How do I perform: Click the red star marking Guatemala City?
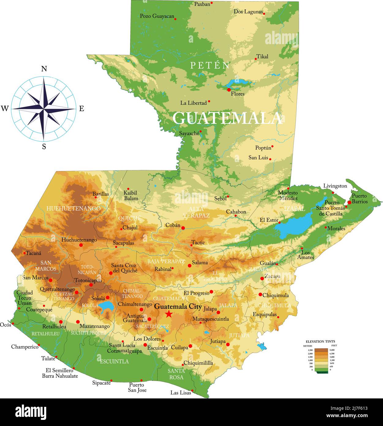[168, 314]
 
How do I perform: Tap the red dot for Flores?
[229, 89]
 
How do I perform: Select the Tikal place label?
[262, 56]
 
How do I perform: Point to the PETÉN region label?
[210, 65]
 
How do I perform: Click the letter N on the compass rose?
[44, 69]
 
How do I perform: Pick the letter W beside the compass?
[5, 108]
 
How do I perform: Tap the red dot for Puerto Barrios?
[349, 202]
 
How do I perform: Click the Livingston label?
[335, 186]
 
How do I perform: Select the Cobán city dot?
[183, 228]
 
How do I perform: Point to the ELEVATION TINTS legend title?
[320, 341]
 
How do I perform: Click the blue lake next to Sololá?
[106, 306]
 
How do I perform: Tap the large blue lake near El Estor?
[292, 225]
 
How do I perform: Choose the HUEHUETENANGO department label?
[73, 208]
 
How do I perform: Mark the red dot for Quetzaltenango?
[77, 292]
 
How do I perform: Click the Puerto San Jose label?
[137, 387]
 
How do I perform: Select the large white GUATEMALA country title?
[227, 118]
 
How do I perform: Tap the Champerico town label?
[24, 347]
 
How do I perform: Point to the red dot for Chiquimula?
[260, 295]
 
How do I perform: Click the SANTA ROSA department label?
[176, 374]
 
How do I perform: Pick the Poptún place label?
[263, 148]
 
